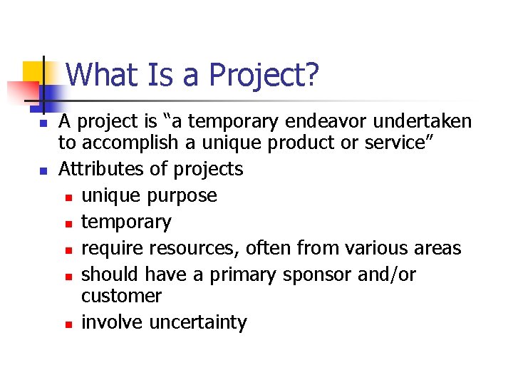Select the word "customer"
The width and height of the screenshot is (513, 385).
[x=121, y=296]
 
